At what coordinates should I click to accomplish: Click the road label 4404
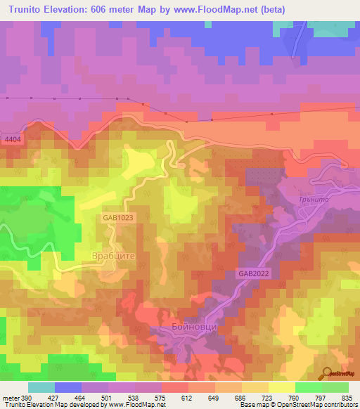[13, 140]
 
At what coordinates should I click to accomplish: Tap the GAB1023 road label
[116, 219]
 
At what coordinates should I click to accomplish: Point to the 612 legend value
[188, 397]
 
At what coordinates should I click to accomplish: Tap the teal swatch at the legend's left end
[41, 387]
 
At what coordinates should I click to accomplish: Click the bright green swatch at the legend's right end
[335, 387]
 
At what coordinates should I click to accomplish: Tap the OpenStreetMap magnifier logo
[326, 375]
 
